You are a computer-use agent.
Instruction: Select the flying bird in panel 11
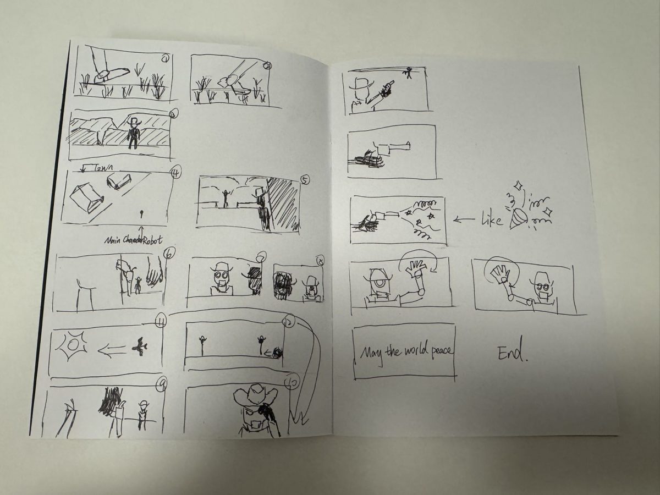(x=140, y=346)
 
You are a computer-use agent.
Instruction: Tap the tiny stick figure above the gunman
(x=408, y=71)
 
